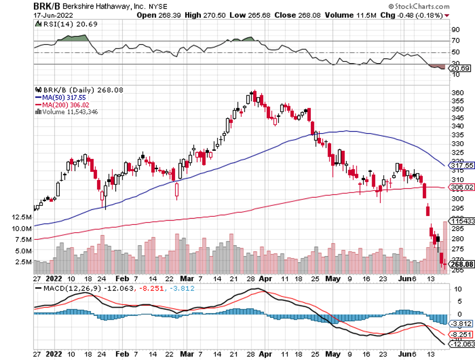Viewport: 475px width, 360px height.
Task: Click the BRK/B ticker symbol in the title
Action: [x=17, y=6]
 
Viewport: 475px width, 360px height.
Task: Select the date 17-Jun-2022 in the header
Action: [x=22, y=15]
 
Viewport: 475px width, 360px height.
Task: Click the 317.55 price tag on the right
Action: [x=463, y=166]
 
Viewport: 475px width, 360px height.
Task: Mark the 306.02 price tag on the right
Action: [x=463, y=187]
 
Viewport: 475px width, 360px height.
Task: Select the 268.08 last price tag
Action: [x=463, y=264]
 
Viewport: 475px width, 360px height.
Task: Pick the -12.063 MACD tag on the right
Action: [x=462, y=344]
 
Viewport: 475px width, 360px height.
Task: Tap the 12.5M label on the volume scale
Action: [x=16, y=217]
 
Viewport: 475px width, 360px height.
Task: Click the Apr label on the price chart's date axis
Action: [x=264, y=279]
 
